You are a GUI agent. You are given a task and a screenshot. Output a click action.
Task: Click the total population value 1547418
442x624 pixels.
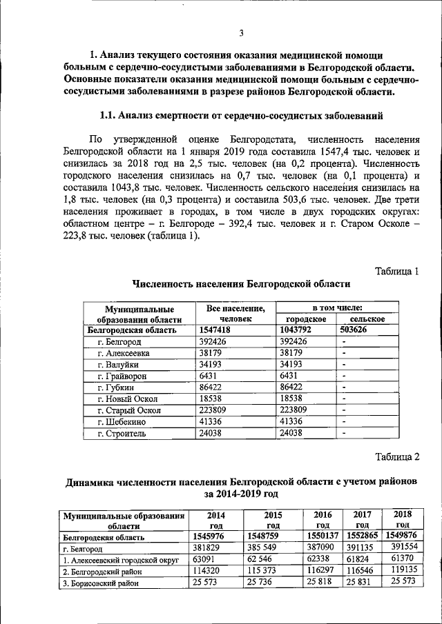pos(215,330)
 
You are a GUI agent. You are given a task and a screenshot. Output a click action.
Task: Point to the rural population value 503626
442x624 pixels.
pos(358,330)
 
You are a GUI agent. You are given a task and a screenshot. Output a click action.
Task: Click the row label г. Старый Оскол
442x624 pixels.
pos(128,410)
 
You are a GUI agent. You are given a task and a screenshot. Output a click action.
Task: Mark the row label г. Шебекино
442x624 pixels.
pos(122,421)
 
